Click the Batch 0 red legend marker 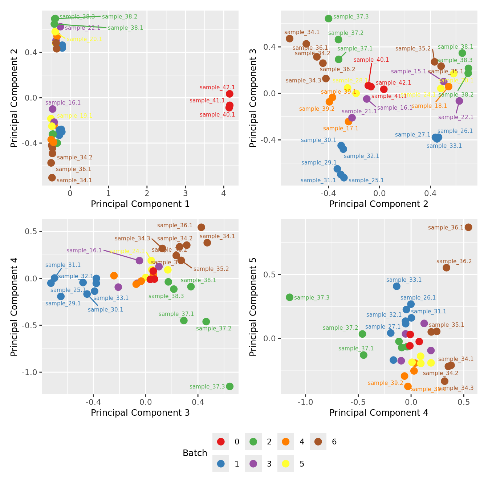[221, 442]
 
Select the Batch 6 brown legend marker [318, 442]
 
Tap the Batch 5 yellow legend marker [286, 464]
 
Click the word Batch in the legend [195, 453]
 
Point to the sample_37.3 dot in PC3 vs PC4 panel [229, 386]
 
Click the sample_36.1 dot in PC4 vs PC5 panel [468, 227]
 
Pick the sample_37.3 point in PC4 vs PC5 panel [289, 297]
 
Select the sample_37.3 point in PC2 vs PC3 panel [329, 19]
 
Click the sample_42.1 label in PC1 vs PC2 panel [217, 88]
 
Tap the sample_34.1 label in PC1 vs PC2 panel [74, 180]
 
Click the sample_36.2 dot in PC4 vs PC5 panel [447, 268]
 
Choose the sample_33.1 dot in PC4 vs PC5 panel [397, 286]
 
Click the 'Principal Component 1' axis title [140, 204]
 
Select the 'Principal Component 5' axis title [253, 306]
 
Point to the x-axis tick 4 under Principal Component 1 [224, 193]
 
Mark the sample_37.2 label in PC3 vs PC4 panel [213, 329]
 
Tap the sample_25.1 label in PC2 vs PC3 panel [366, 180]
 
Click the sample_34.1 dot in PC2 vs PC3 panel [289, 38]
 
